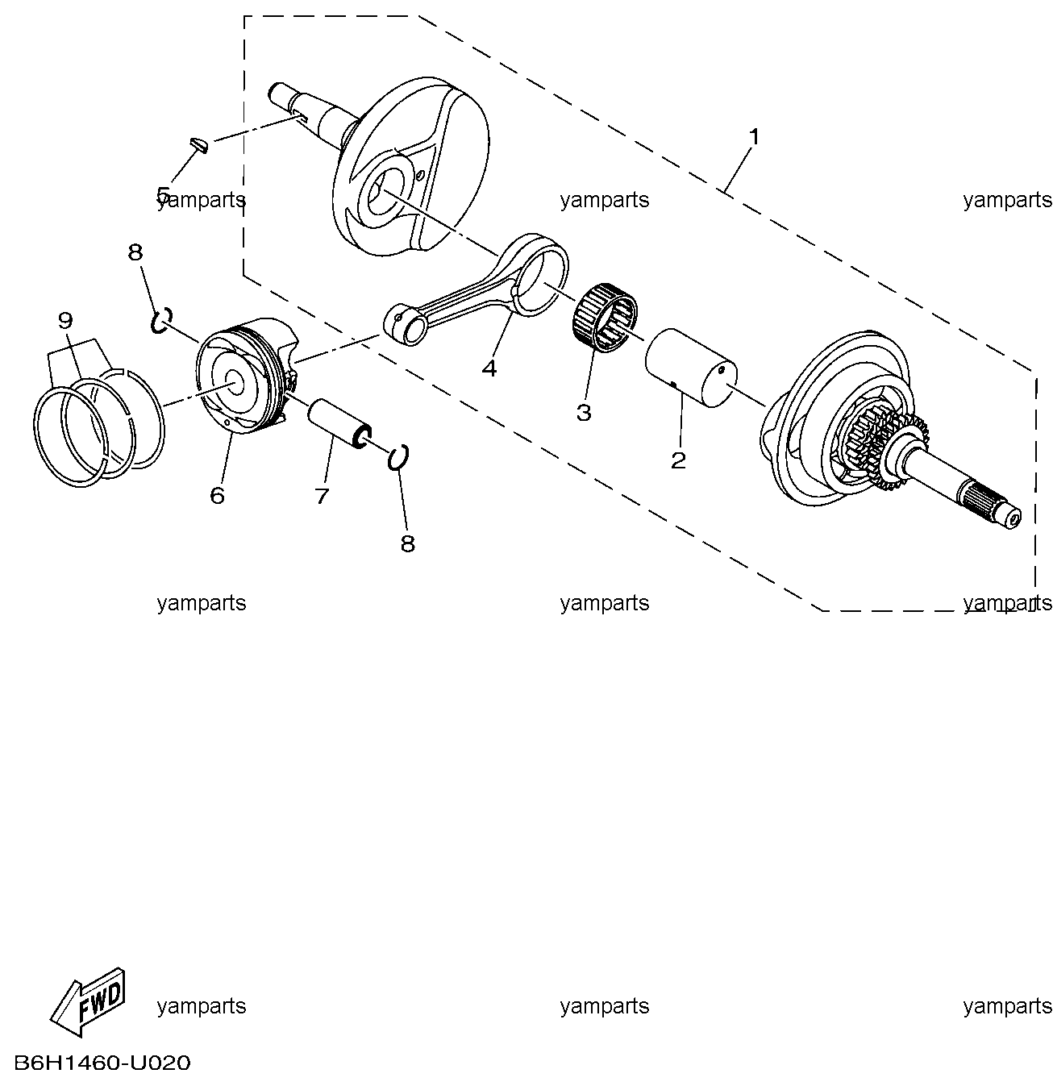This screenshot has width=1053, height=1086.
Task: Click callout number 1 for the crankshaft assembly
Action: pos(753,137)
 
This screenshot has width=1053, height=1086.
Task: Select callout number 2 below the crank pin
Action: pos(678,460)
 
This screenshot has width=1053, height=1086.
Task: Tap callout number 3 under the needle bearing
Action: pos(584,413)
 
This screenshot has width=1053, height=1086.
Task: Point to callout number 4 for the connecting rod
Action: pos(489,368)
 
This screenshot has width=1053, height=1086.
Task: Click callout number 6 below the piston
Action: pos(217,495)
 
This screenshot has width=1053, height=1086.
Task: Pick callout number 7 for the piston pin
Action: pos(322,496)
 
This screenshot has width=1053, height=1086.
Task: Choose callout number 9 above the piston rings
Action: pos(65,320)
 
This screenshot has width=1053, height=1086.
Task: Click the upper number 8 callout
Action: pos(135,252)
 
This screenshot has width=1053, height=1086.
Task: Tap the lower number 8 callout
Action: pos(408,543)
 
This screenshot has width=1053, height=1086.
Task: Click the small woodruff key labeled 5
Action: pos(198,144)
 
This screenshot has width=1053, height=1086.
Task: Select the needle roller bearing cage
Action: pos(606,318)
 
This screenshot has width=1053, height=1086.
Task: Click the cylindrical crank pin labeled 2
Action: pos(691,368)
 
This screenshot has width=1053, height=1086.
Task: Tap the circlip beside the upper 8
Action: pos(162,320)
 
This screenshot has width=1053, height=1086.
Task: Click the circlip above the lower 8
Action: pos(398,458)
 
